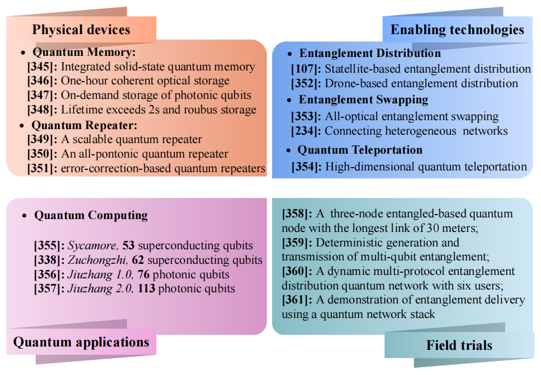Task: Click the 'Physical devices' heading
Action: click(81, 30)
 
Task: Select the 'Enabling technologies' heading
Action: click(457, 30)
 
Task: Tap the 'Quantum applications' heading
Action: click(81, 342)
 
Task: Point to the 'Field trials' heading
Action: click(459, 345)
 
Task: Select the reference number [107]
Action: click(306, 69)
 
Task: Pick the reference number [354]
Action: click(306, 167)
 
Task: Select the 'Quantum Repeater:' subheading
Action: click(84, 125)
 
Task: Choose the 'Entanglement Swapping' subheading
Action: click(363, 99)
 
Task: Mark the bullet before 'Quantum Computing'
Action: click(23, 216)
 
